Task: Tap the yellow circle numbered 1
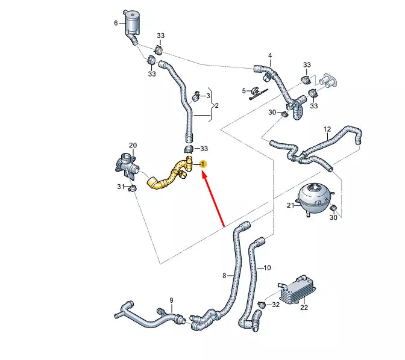[x=204, y=164]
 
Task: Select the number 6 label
[x=116, y=23]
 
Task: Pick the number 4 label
[x=270, y=56]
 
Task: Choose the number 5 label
[x=245, y=91]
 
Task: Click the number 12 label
[x=327, y=129]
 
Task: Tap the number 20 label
[x=133, y=145]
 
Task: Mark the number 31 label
[x=120, y=187]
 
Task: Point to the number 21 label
[x=290, y=206]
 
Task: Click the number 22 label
[x=304, y=308]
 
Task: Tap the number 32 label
[x=275, y=305]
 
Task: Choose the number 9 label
[x=171, y=300]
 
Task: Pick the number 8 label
[x=224, y=276]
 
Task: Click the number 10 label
[x=268, y=267]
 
